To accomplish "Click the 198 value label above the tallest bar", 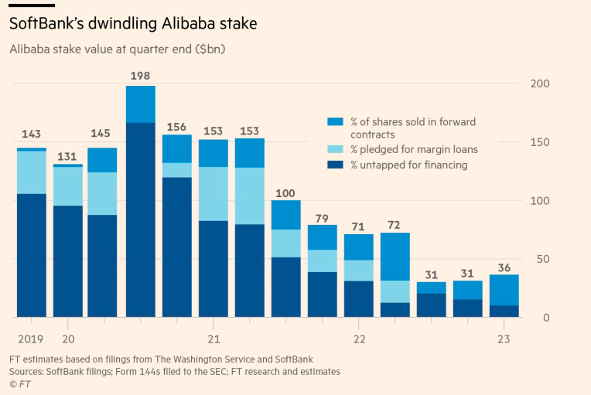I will (x=141, y=76).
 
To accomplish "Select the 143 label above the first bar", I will (x=31, y=133).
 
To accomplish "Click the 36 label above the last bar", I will (x=504, y=267).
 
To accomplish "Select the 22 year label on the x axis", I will (x=359, y=339).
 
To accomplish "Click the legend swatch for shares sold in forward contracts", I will (x=334, y=122).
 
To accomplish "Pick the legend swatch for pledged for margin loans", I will (x=334, y=149).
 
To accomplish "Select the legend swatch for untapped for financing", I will (x=334, y=165).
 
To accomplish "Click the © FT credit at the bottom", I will (x=20, y=383).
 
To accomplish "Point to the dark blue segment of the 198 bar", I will (x=141, y=220).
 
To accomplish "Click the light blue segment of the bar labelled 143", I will (x=31, y=172).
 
